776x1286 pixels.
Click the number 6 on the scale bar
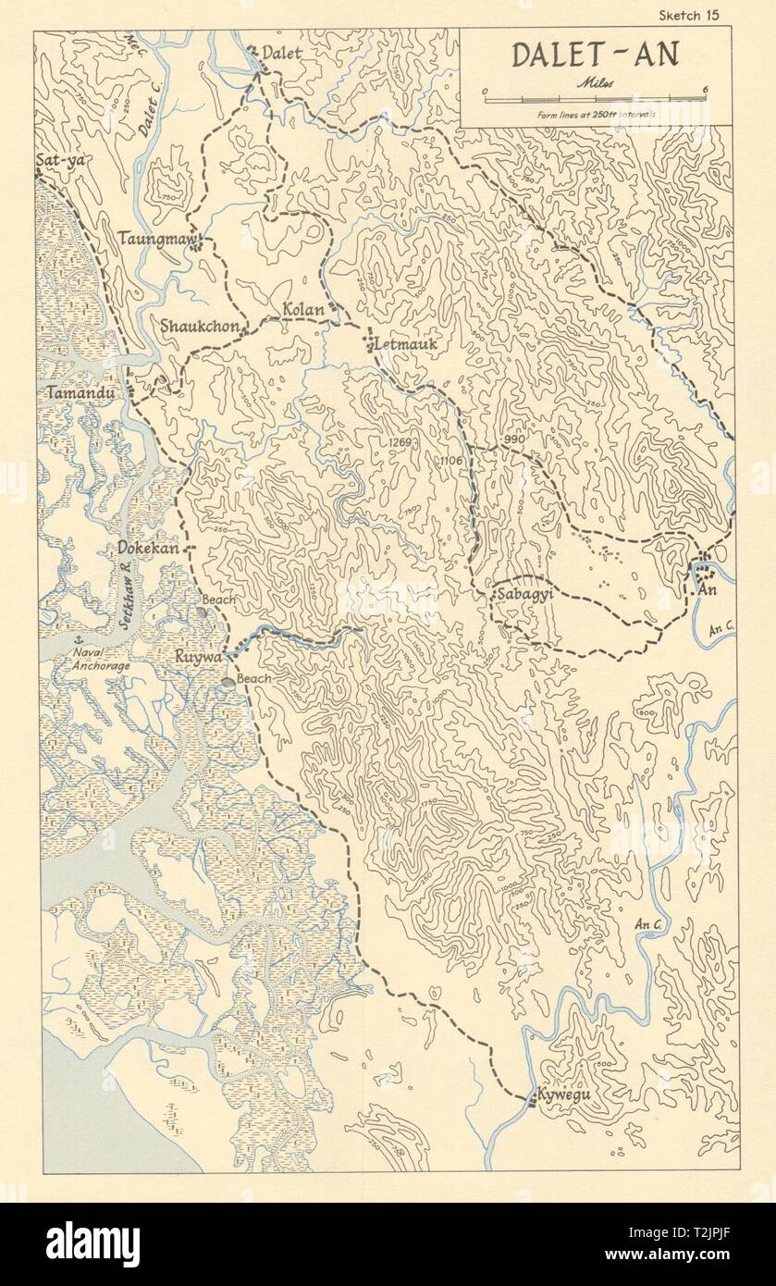(x=705, y=89)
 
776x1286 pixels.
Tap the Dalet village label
(x=281, y=55)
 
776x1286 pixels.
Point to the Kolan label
(x=304, y=310)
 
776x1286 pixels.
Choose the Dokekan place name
(x=148, y=548)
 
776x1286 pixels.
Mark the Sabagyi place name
(x=524, y=595)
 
